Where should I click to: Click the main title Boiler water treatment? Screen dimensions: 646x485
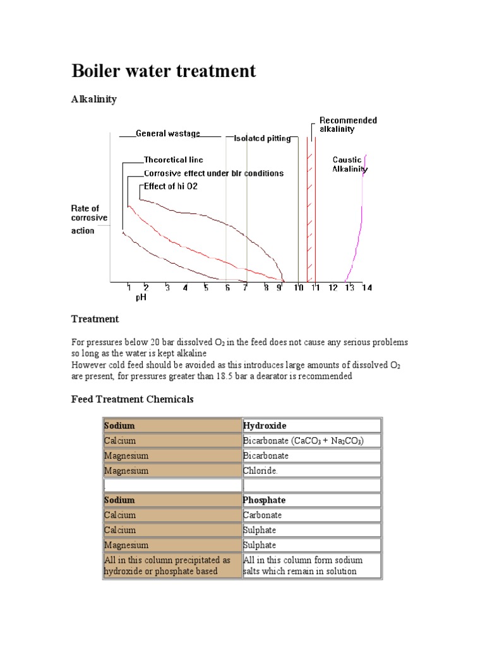164,71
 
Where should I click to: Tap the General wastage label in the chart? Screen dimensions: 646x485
168,133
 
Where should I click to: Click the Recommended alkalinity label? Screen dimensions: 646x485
348,124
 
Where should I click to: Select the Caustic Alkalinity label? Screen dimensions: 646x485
350,165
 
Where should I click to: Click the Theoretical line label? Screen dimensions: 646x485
174,160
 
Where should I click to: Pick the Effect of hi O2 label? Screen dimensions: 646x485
171,186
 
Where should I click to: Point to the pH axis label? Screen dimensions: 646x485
141,298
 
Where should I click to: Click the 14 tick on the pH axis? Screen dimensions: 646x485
367,288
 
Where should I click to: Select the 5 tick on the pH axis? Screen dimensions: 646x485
206,288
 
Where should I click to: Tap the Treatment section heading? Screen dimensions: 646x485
95,319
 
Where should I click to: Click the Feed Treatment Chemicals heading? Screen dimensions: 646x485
132,399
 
